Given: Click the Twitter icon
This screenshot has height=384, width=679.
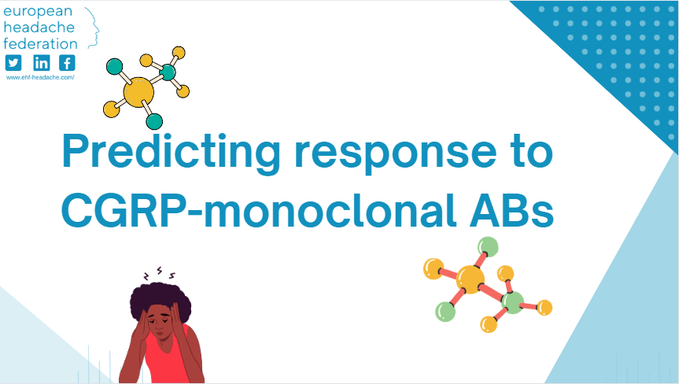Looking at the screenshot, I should (13, 63).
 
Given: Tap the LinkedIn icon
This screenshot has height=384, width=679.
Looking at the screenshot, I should (41, 63).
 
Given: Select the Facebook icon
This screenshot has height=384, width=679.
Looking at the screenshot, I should (68, 63).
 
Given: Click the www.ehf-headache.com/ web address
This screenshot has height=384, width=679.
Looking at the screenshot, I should (40, 77).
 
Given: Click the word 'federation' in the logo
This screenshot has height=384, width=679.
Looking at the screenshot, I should (40, 43).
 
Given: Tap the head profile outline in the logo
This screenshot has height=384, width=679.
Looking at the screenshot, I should (92, 28).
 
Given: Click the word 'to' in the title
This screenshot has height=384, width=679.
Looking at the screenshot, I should (530, 152).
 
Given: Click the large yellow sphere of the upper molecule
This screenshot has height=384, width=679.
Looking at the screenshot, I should (138, 91).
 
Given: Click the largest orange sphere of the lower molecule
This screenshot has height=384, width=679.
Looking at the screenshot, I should (471, 279).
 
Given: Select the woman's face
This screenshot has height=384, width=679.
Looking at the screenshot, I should (162, 323).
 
